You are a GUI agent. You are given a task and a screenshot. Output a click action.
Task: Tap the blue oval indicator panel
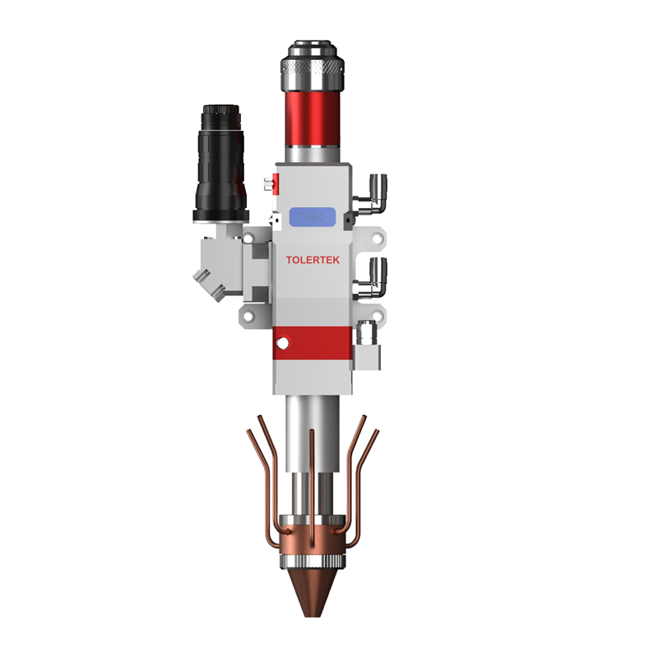click(x=312, y=217)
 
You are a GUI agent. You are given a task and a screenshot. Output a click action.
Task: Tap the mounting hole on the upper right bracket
click(x=377, y=239)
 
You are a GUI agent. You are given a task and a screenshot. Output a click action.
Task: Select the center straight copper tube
click(x=313, y=477)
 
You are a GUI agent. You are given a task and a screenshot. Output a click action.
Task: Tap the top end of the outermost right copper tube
click(x=377, y=431)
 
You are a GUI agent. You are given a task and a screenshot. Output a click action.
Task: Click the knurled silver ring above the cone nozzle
click(x=313, y=563)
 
